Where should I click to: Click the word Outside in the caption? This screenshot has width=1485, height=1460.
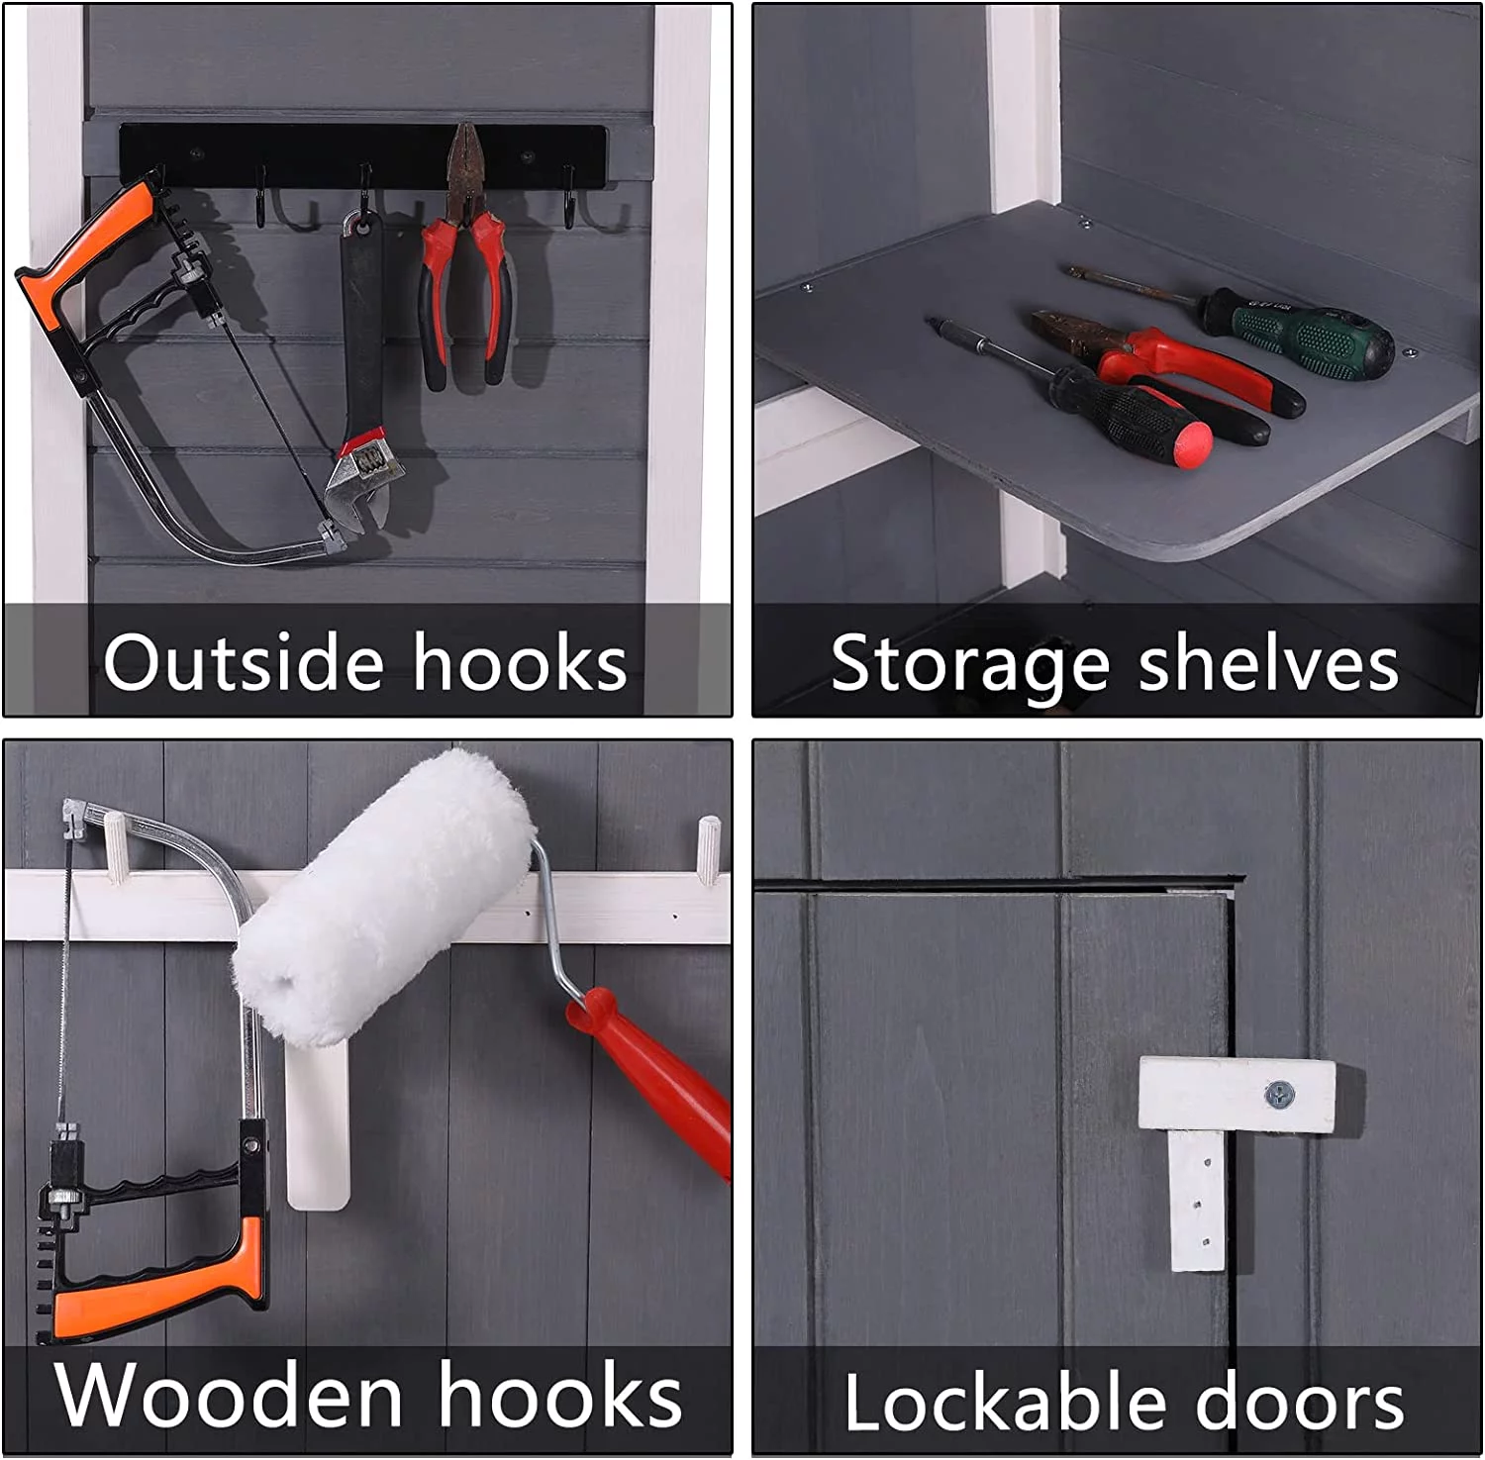243,661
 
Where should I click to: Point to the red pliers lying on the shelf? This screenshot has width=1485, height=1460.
1168,366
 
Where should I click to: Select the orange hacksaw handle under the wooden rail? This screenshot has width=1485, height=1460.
158,1277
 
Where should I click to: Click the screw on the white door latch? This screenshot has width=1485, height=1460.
1279,1095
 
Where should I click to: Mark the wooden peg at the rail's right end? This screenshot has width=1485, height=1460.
709,849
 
